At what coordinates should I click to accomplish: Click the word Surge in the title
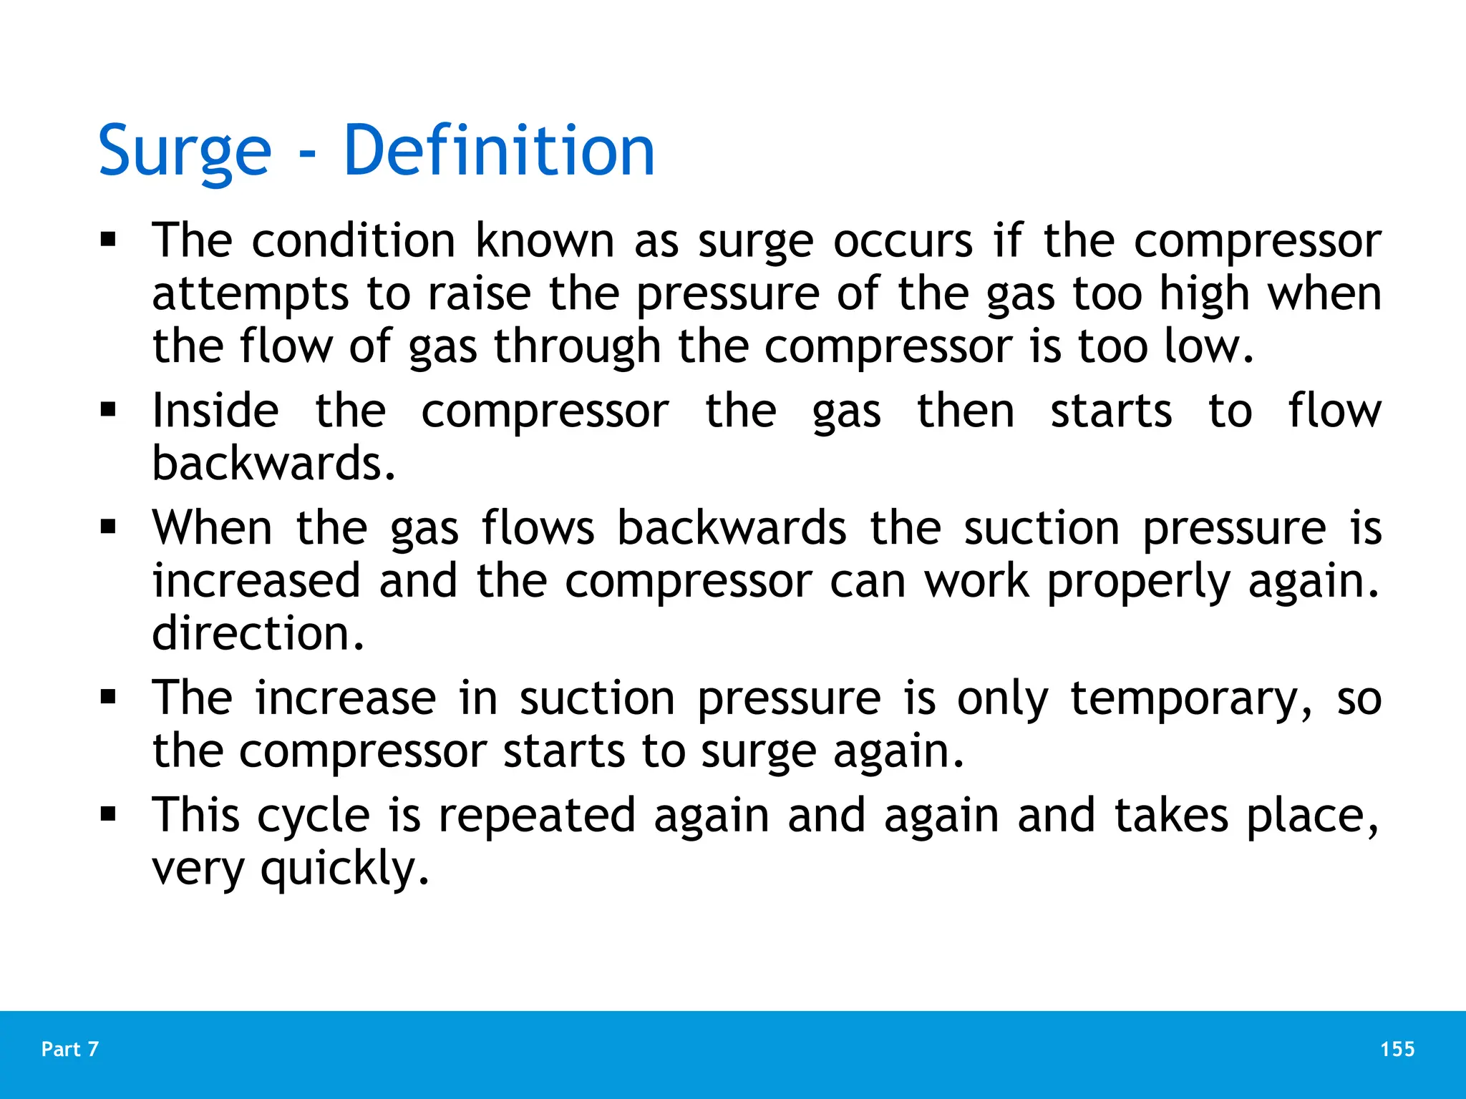pos(185,152)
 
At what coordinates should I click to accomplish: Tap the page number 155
pos(1397,1049)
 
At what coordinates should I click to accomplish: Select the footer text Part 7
pos(70,1049)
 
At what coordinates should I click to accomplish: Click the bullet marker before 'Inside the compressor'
pos(108,411)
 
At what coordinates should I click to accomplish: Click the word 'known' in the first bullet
pos(545,240)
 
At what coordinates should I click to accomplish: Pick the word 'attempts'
pos(251,295)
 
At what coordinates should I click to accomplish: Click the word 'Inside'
pos(215,411)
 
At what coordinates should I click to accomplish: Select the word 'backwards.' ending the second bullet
pos(273,464)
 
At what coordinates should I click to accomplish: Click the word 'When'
pos(213,528)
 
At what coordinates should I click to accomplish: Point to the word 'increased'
pos(256,581)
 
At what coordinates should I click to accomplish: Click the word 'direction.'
pos(258,634)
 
